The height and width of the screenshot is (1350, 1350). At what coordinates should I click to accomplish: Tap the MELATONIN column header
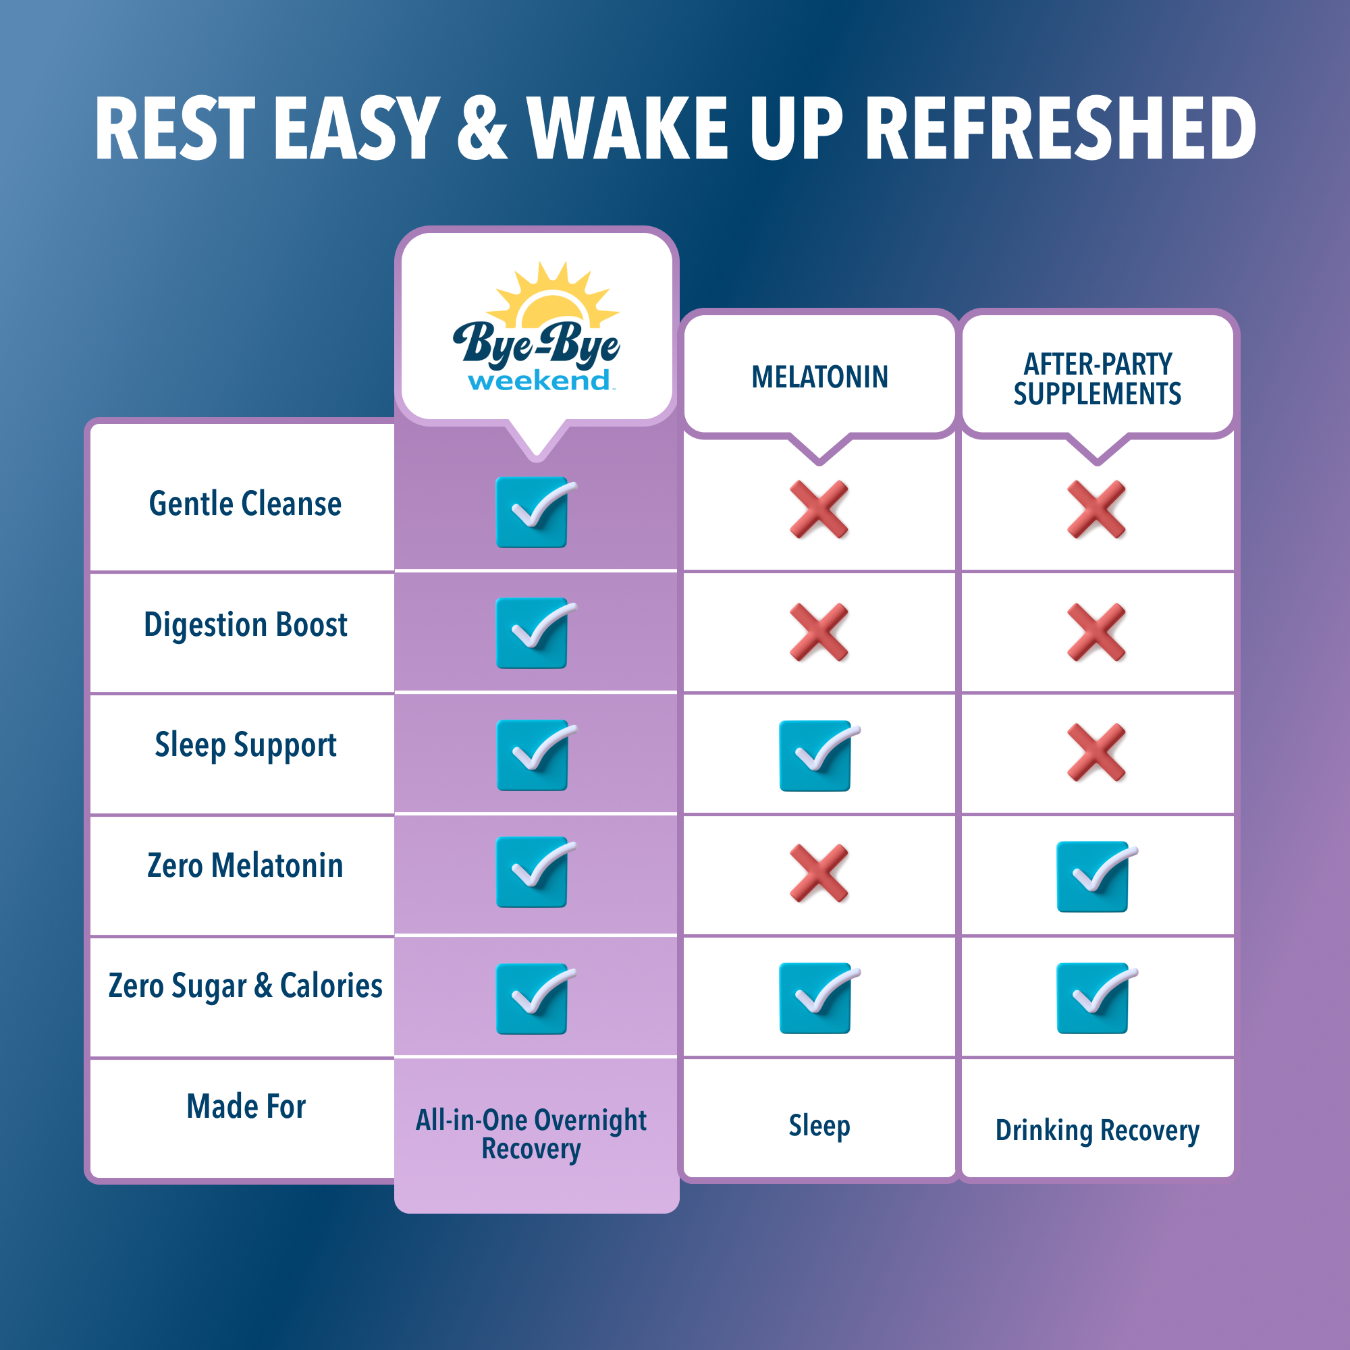819,377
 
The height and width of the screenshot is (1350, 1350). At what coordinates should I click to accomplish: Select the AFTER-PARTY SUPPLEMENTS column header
1097,379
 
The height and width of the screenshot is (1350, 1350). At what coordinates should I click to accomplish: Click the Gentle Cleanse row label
245,504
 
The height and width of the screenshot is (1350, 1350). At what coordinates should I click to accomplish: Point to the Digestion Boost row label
245,624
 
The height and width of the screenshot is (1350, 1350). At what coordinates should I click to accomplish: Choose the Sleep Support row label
245,746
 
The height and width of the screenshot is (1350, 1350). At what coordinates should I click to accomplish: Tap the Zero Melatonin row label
245,866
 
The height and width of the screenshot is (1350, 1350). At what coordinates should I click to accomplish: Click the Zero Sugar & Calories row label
245,987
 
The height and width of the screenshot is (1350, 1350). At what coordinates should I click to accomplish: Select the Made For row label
246,1107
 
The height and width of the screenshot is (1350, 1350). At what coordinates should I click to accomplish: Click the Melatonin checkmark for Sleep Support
818,755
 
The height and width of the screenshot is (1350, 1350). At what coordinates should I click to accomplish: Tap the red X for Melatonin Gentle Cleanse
819,510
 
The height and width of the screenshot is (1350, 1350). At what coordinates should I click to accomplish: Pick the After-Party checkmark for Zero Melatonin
1096,876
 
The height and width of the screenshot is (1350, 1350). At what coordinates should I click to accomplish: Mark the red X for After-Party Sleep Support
1096,753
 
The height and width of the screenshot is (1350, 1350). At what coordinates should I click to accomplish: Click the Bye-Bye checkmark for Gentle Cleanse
535,512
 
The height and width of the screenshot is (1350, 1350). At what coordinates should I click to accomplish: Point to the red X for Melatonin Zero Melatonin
819,873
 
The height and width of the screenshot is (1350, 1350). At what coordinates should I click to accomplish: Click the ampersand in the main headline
483,128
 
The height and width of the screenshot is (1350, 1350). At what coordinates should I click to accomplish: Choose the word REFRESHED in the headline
1060,128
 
